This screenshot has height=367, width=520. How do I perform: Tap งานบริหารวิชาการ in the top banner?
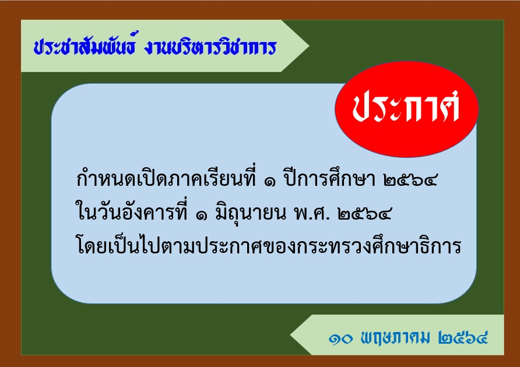click(x=210, y=47)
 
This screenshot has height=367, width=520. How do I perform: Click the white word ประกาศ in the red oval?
click(x=406, y=106)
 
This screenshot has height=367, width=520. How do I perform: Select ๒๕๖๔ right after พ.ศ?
click(x=364, y=214)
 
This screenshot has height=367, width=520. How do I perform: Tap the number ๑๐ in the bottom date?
click(x=340, y=338)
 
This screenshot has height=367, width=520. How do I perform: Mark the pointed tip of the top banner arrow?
click(x=309, y=46)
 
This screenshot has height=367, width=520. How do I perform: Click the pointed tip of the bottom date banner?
click(x=290, y=335)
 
